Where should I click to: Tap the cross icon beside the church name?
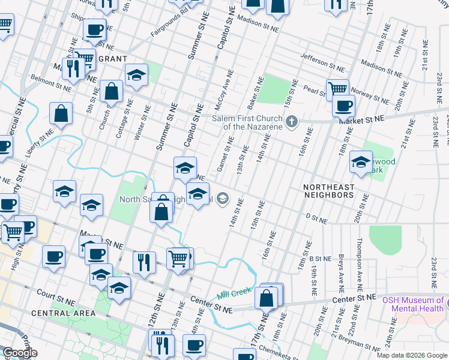[292, 122]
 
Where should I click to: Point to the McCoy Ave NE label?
[227, 85]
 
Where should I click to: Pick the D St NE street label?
[316, 219]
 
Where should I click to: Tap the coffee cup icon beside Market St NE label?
[343, 106]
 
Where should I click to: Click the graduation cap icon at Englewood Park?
[361, 163]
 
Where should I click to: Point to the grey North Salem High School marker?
[223, 199]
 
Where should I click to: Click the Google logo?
[20, 353]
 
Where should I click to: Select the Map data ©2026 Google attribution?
[411, 355]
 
